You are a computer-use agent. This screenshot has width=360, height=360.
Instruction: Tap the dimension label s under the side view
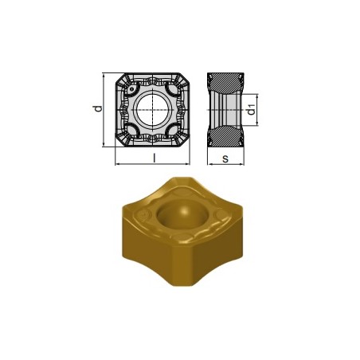tap(226, 159)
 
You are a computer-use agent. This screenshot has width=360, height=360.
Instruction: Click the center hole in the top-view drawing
tap(152, 109)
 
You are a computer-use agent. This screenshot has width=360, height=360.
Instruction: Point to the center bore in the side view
tap(225, 110)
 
